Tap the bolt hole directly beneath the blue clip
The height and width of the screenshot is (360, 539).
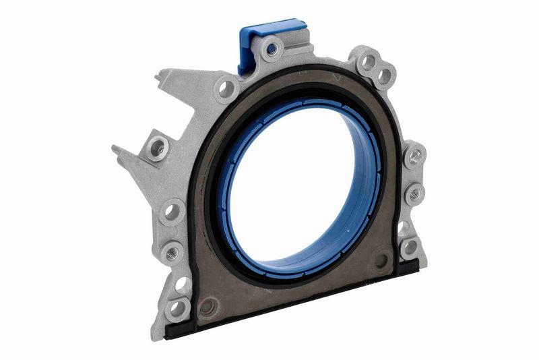[272, 49]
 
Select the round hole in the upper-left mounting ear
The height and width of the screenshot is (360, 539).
[225, 88]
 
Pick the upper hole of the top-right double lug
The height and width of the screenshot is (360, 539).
[369, 62]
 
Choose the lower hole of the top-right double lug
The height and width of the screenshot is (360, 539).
[385, 76]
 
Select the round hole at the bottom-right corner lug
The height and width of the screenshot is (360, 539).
[409, 247]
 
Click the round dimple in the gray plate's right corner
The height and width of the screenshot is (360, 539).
[382, 260]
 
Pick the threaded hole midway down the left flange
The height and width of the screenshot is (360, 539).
[171, 253]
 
